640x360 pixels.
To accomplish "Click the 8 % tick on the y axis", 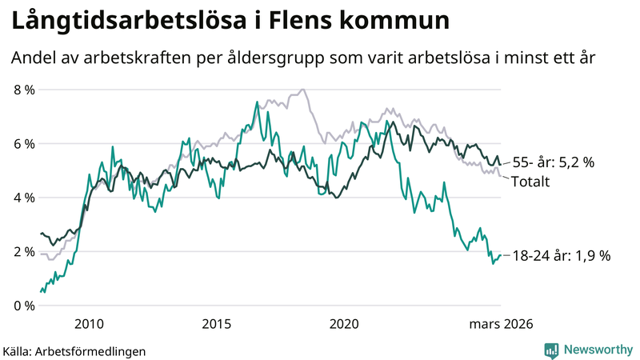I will tap(23, 90).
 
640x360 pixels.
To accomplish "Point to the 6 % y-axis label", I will tap(23, 144).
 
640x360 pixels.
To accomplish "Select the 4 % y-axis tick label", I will tap(23, 198).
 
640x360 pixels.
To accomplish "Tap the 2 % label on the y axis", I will tap(23, 251).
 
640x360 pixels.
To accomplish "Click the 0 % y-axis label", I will tap(23, 306).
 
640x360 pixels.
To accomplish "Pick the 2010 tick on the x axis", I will tap(89, 324).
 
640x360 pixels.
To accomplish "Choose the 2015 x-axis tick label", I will tap(217, 324).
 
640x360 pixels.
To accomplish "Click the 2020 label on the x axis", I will tap(344, 324).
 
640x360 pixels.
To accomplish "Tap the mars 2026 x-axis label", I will tap(500, 324).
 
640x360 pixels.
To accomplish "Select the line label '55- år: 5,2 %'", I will tap(554, 162).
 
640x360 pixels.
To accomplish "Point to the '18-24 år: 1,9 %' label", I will tap(561, 256).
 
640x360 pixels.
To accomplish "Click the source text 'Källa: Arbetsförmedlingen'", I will tap(74, 350).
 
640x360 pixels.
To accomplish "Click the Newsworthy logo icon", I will tap(551, 350).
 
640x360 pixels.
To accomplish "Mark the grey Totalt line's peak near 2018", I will tap(302, 90).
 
